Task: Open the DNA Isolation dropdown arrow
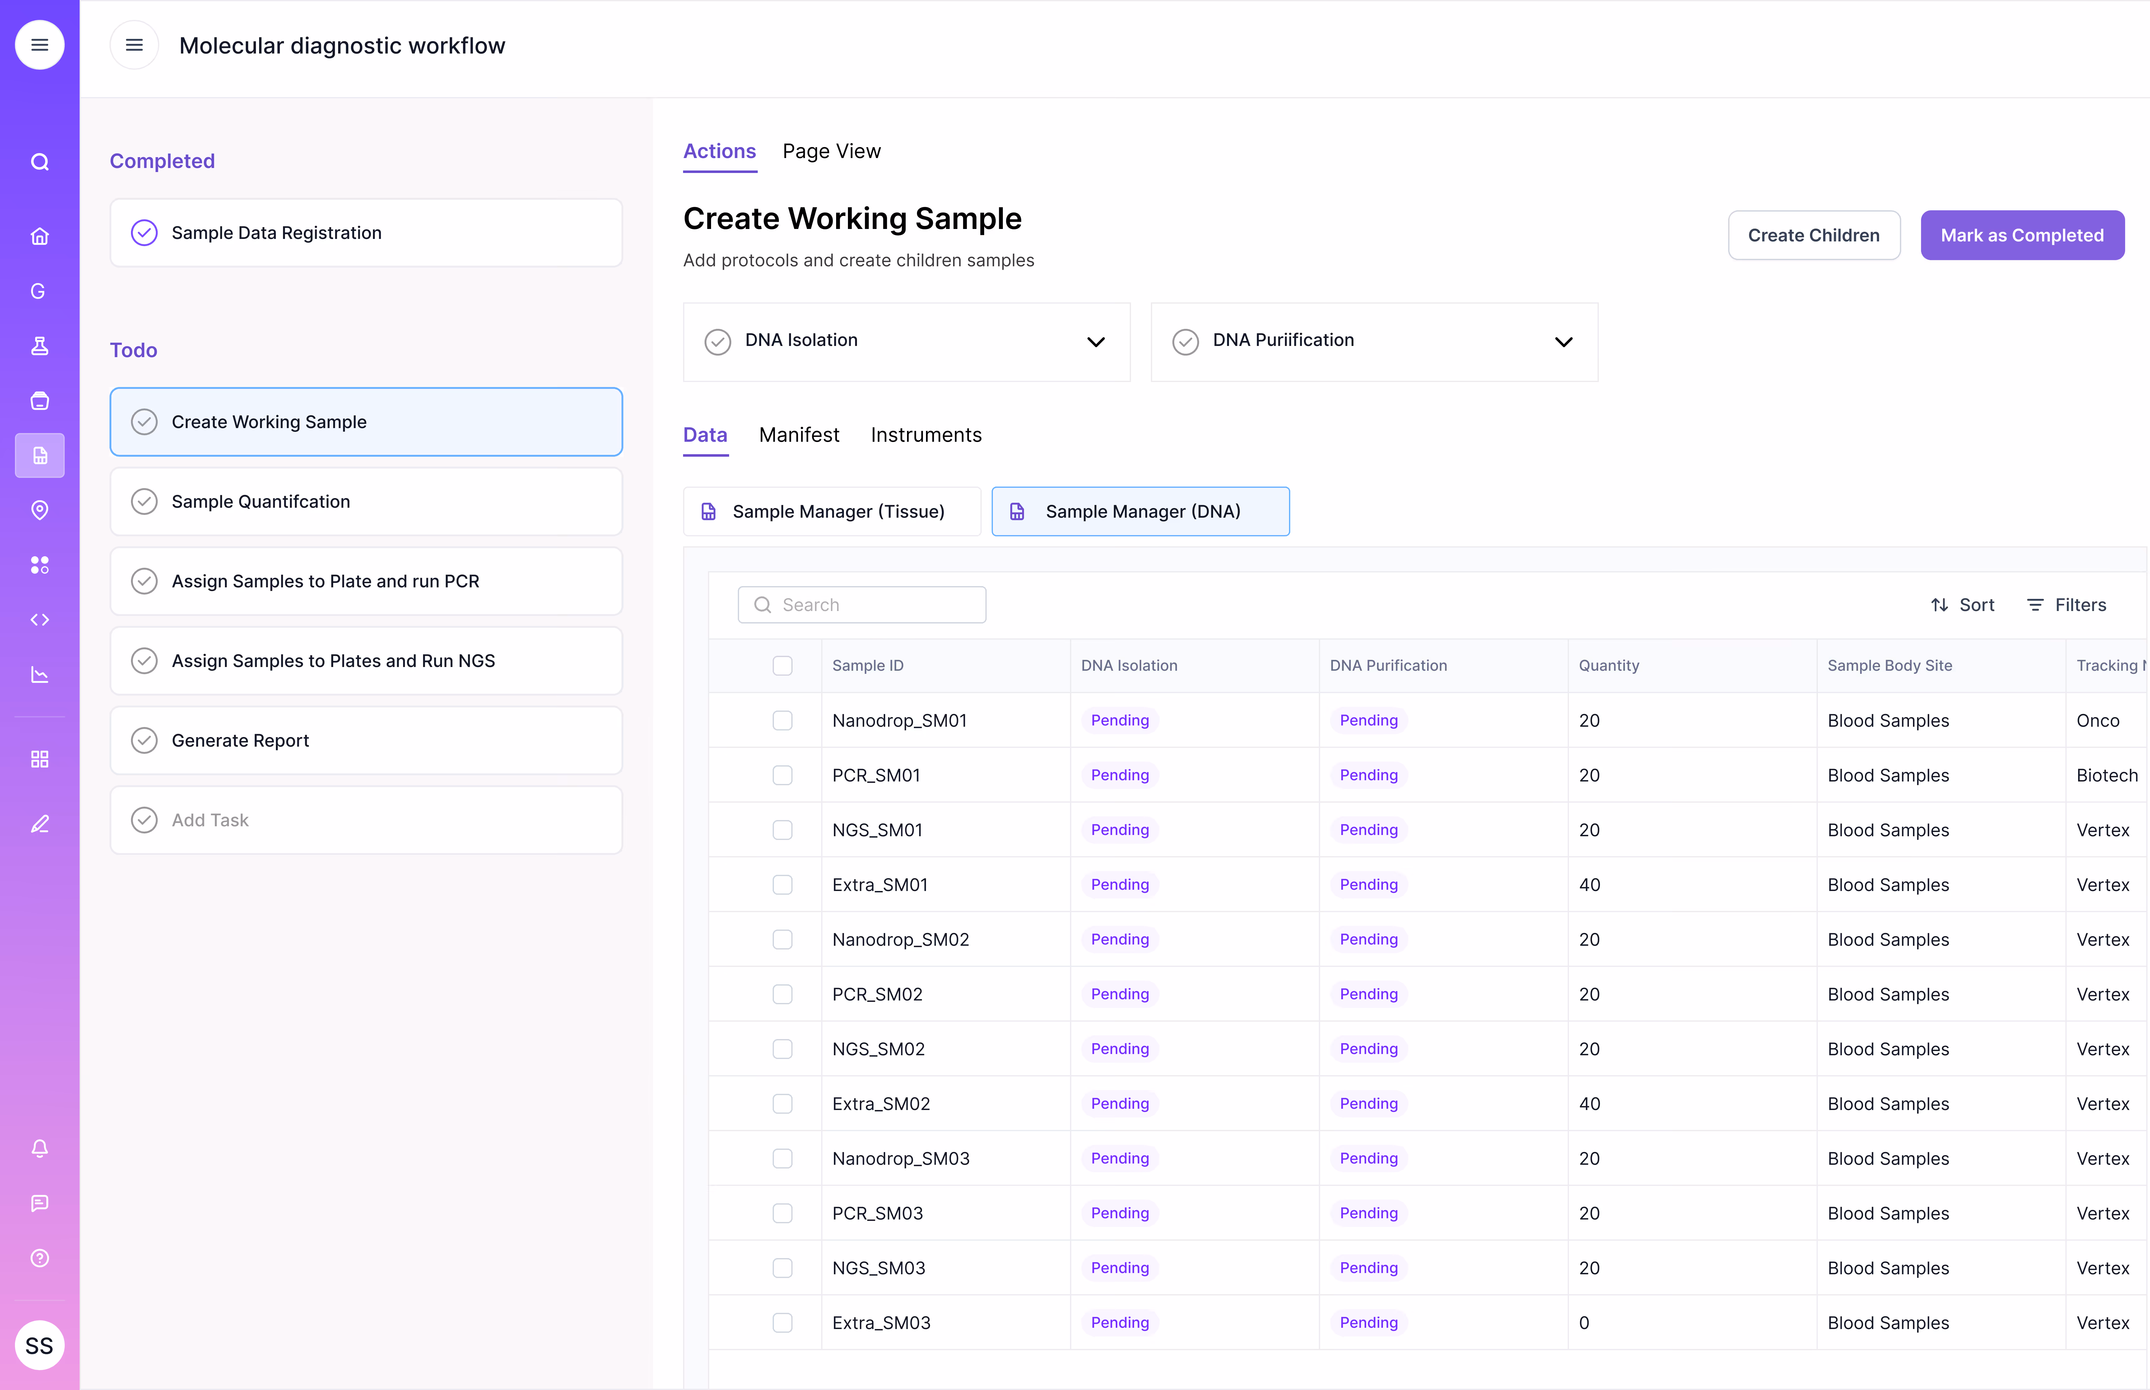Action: point(1095,342)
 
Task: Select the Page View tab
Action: point(831,152)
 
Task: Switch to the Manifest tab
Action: point(798,435)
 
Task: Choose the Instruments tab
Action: point(926,435)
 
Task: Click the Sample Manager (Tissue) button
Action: point(831,512)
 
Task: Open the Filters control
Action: point(2067,605)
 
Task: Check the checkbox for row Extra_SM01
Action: point(782,884)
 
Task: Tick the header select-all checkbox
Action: point(782,665)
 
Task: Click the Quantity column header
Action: point(1609,665)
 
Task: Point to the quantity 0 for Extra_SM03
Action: point(1584,1322)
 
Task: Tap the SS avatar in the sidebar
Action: point(39,1346)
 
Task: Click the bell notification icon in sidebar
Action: point(39,1148)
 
